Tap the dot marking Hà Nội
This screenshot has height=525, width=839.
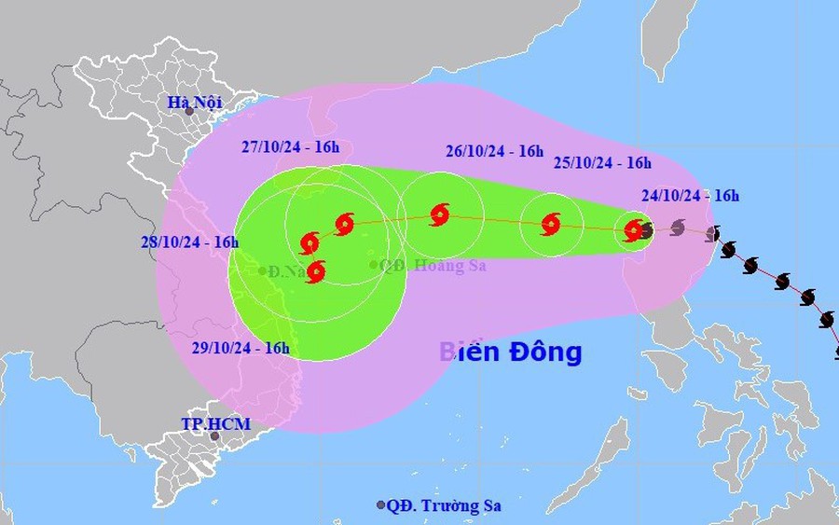coord(189,112)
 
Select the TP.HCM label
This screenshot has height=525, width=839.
coord(215,423)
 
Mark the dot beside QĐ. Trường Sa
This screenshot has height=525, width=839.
coord(380,505)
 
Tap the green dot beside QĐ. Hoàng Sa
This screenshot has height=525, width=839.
coord(374,265)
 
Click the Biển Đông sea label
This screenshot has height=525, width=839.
coord(511,352)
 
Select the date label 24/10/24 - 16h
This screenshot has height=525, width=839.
coord(691,195)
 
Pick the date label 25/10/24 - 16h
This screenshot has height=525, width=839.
coord(602,162)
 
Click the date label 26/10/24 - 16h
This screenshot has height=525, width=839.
coord(494,150)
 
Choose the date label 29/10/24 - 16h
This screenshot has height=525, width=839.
coord(240,348)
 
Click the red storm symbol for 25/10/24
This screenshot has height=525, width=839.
coord(550,223)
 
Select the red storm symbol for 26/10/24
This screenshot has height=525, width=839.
coord(439,215)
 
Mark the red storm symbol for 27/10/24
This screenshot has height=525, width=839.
coord(344,223)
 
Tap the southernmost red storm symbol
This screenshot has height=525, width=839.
coord(315,272)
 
